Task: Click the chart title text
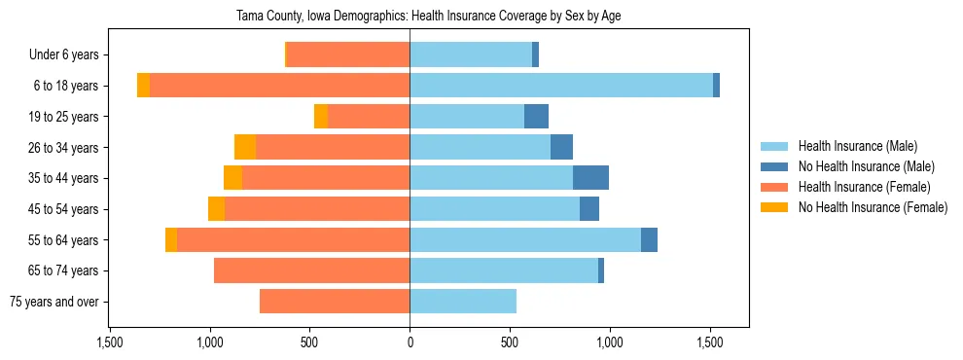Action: [x=429, y=17]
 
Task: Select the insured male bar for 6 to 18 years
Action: [x=561, y=86]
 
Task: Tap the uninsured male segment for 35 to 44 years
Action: [x=590, y=178]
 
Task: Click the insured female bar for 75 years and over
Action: [x=335, y=302]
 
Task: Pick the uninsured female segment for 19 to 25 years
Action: [x=321, y=117]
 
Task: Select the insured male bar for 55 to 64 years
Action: [x=525, y=240]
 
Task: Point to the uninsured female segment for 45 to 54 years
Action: [x=216, y=209]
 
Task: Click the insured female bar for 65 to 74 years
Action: [x=311, y=270]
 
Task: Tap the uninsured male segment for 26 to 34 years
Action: [x=561, y=148]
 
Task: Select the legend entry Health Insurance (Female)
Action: [x=864, y=187]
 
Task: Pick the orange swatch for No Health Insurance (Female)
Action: [x=774, y=207]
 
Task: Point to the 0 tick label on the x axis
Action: [x=410, y=342]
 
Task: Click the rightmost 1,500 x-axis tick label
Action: [x=709, y=342]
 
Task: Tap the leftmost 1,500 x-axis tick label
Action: [x=110, y=342]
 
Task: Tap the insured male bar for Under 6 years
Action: [x=471, y=55]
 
